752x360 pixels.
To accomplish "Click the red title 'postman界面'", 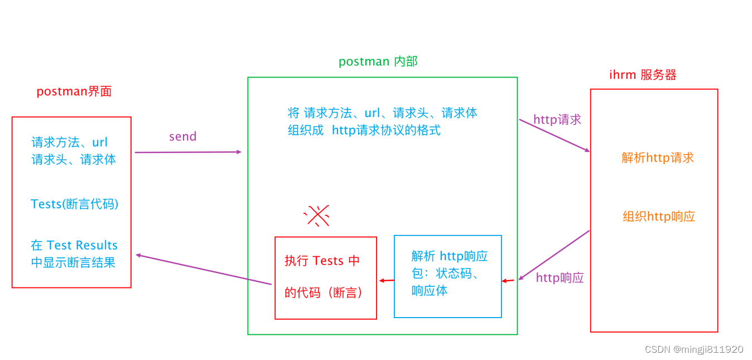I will tap(74, 92).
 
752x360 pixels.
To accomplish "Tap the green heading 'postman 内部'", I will tap(378, 61).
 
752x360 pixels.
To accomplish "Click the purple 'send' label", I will tap(182, 137).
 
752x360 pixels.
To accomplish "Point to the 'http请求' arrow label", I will tap(557, 119).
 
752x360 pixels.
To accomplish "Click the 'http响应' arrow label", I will tap(560, 277).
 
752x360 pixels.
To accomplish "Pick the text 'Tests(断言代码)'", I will tap(74, 204).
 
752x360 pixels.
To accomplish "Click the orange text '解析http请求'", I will tap(658, 158).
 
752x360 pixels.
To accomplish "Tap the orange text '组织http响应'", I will tap(659, 217).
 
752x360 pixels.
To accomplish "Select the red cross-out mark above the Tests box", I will tap(317, 215).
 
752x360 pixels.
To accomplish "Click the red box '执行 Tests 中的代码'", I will tap(325, 277).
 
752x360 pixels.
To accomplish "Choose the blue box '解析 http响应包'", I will tap(447, 276).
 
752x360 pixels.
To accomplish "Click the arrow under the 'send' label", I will tap(188, 152).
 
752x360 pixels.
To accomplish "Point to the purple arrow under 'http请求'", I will tap(554, 135).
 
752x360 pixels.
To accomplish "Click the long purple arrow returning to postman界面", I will tap(203, 270).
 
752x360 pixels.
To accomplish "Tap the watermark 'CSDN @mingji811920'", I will tap(693, 349).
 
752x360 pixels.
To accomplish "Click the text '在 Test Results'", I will tap(74, 246).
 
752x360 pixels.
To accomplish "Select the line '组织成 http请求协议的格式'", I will tap(364, 131).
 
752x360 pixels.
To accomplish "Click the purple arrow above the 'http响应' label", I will tap(554, 255).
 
